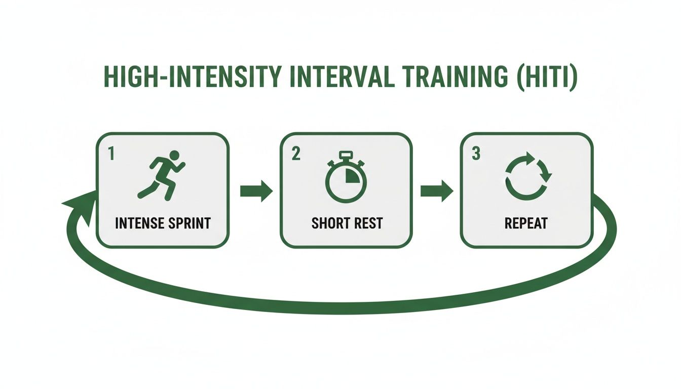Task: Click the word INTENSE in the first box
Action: pos(139,223)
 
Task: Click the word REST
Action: pos(366,223)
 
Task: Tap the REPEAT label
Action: pos(526,223)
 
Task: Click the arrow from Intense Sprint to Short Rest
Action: pos(256,191)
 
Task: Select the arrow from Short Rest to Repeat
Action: pos(436,191)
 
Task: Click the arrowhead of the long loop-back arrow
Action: pos(81,205)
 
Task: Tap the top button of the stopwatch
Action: pos(346,154)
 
